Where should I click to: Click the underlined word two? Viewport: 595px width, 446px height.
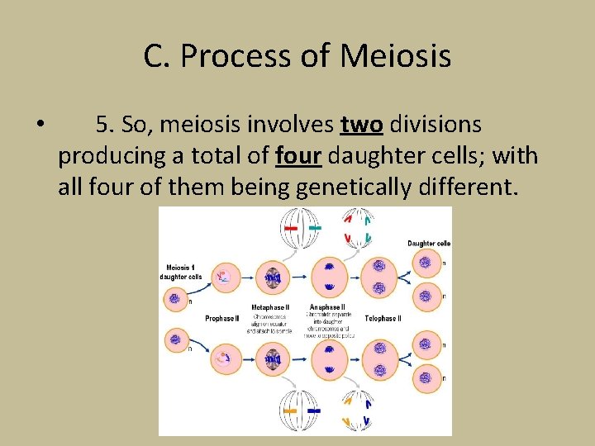361,125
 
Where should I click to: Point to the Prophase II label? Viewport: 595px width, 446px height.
221,318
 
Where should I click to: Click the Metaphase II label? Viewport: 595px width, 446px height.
270,307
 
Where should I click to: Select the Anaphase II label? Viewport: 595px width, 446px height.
328,307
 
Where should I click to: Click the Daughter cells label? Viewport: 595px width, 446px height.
428,243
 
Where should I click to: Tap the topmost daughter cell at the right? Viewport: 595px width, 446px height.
426,263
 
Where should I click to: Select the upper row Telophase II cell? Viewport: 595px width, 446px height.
379,279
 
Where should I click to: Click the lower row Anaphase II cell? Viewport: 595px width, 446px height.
329,359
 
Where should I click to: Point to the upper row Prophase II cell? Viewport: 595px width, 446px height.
222,279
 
